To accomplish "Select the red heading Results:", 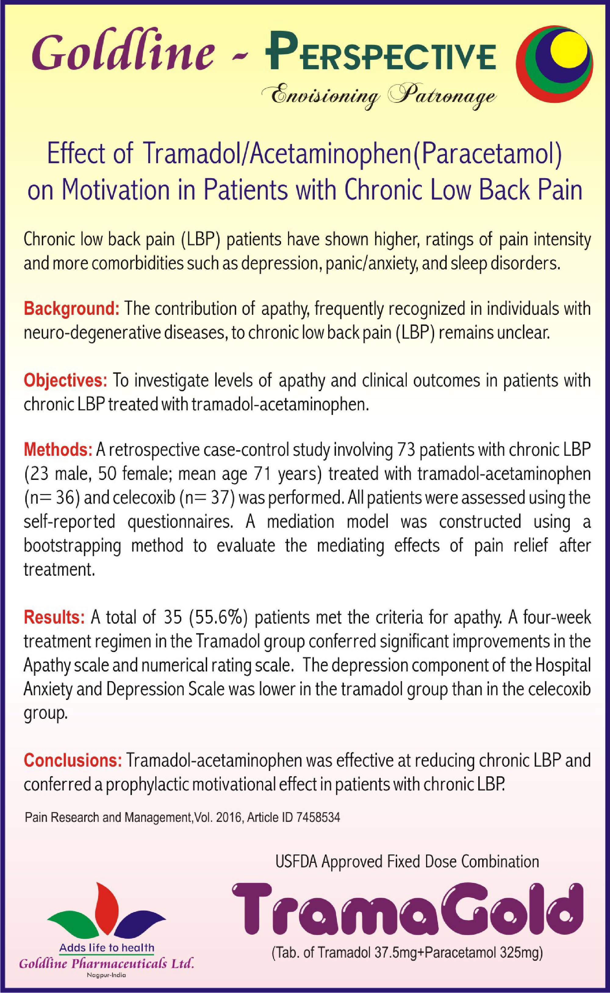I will coord(54,617).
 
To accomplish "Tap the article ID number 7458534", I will coord(318,818).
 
